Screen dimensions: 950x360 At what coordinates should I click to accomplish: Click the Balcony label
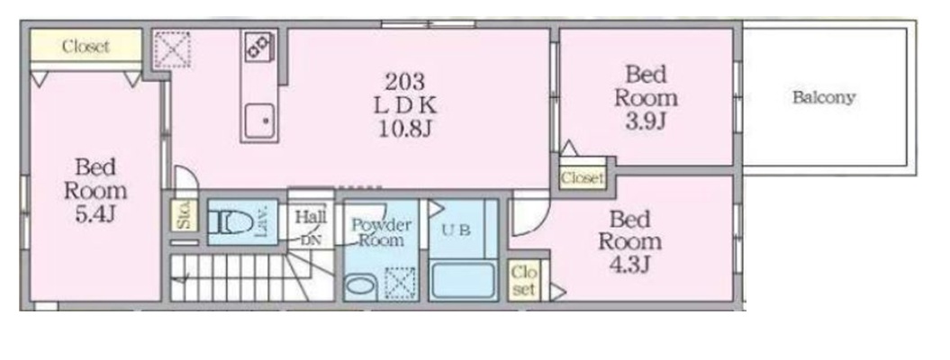coord(823,97)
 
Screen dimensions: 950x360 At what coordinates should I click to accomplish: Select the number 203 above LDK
coord(405,81)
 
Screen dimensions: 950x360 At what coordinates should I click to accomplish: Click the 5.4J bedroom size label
coord(95,214)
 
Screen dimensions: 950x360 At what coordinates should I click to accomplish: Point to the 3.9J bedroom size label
coord(646,121)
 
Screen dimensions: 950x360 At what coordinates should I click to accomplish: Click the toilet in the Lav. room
coord(231,222)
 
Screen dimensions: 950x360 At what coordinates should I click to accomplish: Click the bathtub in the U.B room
coord(462,278)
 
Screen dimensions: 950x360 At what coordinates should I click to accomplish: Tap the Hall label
coord(311,217)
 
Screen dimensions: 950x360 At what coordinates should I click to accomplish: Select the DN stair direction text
coord(310,239)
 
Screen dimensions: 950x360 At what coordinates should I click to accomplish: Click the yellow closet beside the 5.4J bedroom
coord(86,46)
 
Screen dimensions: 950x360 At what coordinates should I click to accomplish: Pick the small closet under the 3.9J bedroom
coord(582,177)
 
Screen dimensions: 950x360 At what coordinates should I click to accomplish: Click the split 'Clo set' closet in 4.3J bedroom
coord(523,281)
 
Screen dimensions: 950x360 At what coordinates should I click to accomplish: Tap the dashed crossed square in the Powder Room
coord(401,283)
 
